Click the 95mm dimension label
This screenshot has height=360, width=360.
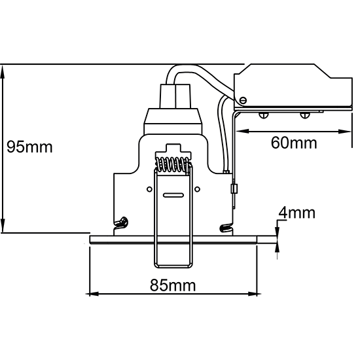pyautogui.click(x=29, y=147)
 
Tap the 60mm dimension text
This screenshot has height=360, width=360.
pyautogui.click(x=294, y=143)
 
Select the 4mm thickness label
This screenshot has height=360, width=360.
pyautogui.click(x=297, y=213)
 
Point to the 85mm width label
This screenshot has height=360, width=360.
pyautogui.click(x=173, y=285)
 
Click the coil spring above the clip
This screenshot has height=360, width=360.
pyautogui.click(x=173, y=165)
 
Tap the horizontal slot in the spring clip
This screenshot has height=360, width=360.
pyautogui.click(x=173, y=195)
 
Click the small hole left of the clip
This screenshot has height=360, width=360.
pyautogui.click(x=149, y=189)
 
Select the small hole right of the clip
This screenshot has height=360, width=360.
pyautogui.click(x=197, y=189)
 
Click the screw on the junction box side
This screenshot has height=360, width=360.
pyautogui.click(x=243, y=100)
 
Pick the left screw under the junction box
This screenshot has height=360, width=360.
pyautogui.click(x=264, y=115)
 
